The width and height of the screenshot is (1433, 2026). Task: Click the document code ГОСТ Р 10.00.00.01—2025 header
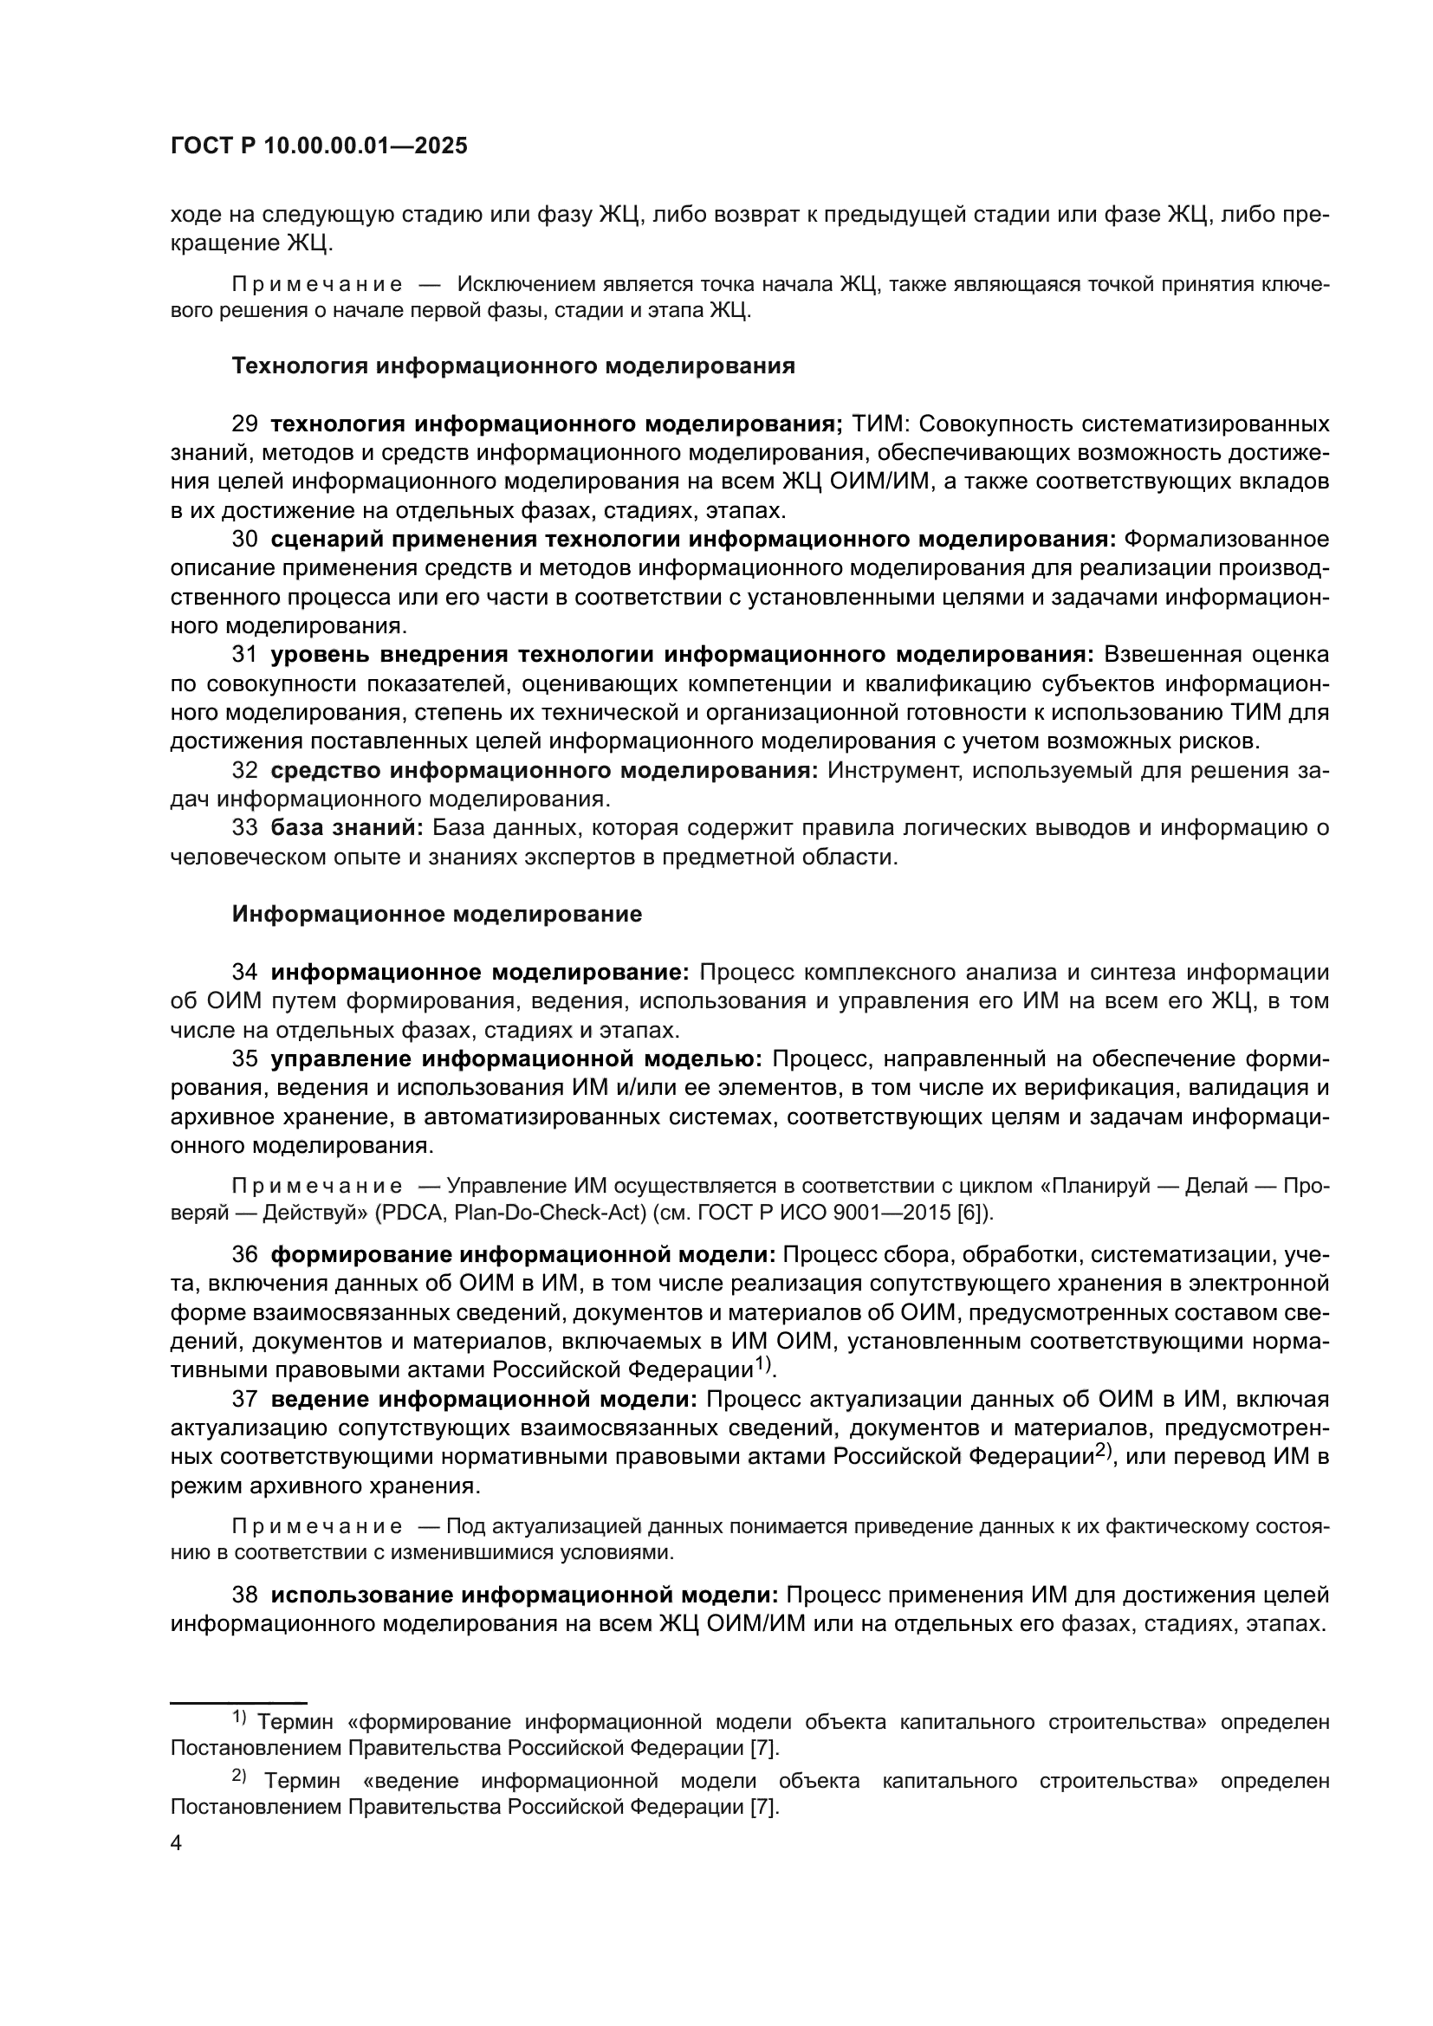319,146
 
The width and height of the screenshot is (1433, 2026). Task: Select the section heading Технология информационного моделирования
513,366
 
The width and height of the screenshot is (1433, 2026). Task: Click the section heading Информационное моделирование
437,914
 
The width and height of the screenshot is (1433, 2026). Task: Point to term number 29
244,424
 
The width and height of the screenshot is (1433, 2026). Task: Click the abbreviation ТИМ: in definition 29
878,424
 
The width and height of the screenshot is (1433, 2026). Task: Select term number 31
244,655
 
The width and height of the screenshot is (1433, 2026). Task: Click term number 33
244,828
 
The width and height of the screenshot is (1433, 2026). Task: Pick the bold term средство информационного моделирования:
544,770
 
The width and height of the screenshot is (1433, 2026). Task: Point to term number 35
244,1058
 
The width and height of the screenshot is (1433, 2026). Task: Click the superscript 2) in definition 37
1104,1453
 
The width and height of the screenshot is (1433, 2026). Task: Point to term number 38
244,1596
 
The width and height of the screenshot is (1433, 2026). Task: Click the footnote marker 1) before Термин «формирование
240,1717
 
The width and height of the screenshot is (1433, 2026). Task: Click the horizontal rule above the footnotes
238,1701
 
